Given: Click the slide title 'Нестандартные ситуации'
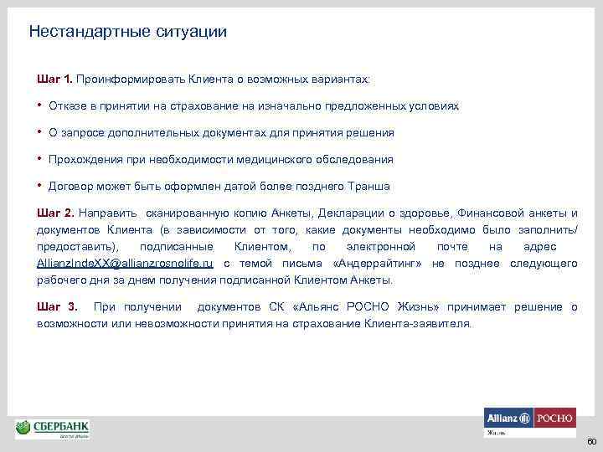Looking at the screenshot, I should tap(127, 32).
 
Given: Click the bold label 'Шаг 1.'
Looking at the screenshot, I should tap(55, 78).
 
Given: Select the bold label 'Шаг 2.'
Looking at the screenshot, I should tap(55, 213).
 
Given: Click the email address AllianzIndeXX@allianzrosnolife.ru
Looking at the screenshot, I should tap(125, 264).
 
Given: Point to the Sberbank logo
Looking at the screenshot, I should tap(53, 429).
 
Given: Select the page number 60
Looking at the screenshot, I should tap(590, 441).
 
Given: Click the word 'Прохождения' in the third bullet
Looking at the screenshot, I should tap(83, 159).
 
